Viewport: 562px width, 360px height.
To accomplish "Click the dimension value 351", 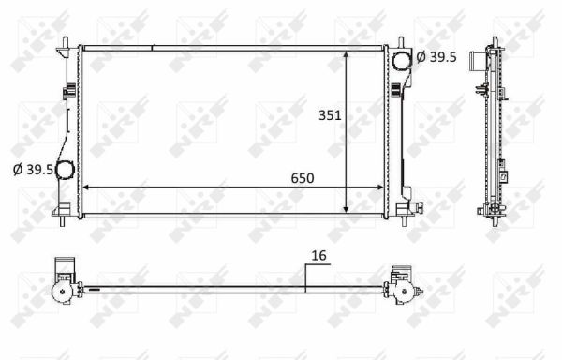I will tap(329, 116).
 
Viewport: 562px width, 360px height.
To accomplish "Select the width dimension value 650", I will tap(301, 178).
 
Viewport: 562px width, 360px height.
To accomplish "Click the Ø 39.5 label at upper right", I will tap(436, 57).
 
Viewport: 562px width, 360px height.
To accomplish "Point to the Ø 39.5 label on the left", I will tap(32, 170).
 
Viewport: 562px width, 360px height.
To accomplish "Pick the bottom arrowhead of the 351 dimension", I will tap(348, 209).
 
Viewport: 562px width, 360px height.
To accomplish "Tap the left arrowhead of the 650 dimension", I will tap(87, 187).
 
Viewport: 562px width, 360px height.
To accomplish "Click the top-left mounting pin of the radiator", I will tap(65, 43).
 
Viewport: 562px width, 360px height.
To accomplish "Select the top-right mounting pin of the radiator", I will tap(401, 43).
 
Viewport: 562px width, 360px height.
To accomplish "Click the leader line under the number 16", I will tap(307, 277).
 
